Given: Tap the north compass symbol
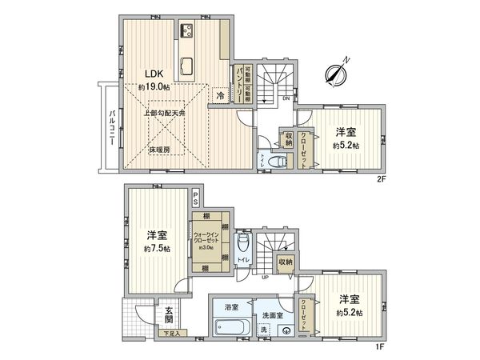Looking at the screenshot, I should pyautogui.click(x=336, y=73).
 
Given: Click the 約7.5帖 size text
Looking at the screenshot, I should pyautogui.click(x=156, y=249).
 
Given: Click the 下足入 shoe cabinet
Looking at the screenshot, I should pyautogui.click(x=171, y=332).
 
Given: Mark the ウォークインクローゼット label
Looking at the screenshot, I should pyautogui.click(x=208, y=238).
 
